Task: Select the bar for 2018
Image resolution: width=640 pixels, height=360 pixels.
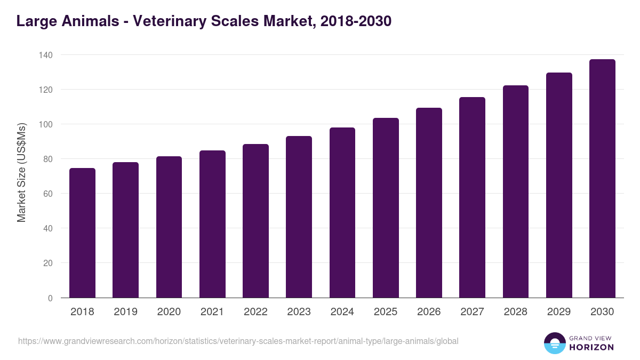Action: coord(82,233)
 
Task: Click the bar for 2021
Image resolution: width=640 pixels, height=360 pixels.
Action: coord(212,224)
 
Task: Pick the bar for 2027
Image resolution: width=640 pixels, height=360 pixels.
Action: coord(472,197)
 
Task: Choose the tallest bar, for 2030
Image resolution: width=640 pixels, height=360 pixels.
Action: coord(602,179)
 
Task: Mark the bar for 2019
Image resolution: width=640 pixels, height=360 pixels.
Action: coord(125,230)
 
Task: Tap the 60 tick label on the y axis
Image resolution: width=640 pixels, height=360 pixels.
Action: coord(47,194)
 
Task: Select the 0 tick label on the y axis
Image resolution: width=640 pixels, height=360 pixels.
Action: coord(50,298)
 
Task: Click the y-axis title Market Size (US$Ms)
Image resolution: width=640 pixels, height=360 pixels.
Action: coord(21,173)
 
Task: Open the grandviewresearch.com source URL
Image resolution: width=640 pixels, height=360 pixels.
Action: coord(238,341)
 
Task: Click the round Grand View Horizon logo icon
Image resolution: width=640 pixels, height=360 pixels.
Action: coord(554,343)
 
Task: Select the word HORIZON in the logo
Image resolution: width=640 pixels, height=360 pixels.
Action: coord(591,347)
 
